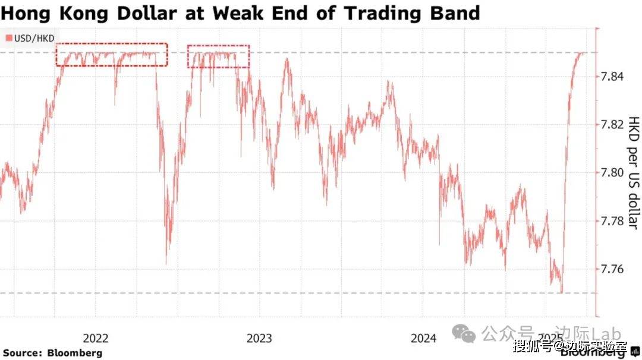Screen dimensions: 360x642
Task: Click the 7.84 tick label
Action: [x=613, y=77]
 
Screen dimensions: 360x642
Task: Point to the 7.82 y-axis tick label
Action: [x=613, y=125]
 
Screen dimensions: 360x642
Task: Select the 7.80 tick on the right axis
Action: [x=613, y=173]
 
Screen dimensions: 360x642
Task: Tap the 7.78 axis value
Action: [x=613, y=221]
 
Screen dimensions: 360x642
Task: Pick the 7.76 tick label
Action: [x=613, y=269]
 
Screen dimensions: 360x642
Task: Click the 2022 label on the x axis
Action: [x=95, y=339]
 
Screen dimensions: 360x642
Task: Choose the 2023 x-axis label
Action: [x=259, y=339]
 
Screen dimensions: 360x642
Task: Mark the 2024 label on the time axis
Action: [x=423, y=339]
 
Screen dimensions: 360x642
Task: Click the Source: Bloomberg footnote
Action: [x=53, y=353]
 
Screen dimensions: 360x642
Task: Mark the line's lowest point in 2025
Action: [x=562, y=292]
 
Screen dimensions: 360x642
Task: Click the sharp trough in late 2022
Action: [x=166, y=263]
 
